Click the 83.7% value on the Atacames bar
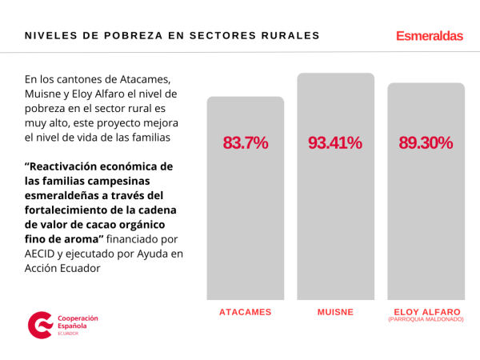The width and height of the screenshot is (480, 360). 245,143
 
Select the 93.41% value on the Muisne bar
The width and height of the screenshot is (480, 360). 335,143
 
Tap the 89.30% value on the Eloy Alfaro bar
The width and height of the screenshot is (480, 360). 426,143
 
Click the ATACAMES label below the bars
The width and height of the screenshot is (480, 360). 245,312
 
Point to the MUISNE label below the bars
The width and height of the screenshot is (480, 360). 335,312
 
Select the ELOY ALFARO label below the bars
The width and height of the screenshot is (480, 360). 426,311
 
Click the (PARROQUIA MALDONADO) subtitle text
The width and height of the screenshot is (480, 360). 426,319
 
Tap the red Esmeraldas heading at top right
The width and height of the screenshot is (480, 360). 429,36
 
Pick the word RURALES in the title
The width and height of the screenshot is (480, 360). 290,36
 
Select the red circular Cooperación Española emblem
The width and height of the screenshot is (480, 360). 39,325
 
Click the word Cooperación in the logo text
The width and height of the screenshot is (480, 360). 77,318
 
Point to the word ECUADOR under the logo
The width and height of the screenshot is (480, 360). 69,334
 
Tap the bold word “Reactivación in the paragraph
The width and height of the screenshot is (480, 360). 70,166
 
